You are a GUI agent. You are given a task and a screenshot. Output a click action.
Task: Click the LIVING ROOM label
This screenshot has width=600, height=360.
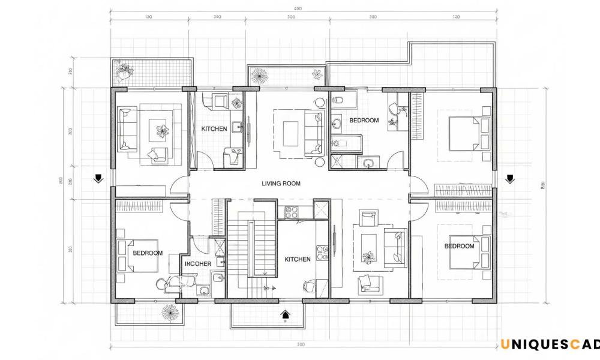tap(281, 184)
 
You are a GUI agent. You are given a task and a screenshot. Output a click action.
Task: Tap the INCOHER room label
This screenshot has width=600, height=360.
tap(197, 263)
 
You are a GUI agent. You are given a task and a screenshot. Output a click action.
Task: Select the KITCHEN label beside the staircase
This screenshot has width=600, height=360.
tap(298, 259)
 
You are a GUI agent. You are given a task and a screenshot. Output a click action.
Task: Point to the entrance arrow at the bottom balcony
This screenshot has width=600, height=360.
tap(286, 313)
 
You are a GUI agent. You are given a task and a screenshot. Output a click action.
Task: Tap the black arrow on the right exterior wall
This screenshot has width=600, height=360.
tap(510, 178)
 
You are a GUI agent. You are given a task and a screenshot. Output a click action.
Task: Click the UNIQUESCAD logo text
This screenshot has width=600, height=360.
tap(550, 344)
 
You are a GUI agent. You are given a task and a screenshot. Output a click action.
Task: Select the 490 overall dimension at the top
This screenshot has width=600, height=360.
tap(298, 8)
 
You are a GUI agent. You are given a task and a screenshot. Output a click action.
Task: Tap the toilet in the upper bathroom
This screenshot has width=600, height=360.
tap(337, 100)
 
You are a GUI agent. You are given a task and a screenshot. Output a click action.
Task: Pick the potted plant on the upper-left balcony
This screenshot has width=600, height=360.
tap(125, 71)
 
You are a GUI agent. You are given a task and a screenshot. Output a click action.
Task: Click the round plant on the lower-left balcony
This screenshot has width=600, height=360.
tap(169, 312)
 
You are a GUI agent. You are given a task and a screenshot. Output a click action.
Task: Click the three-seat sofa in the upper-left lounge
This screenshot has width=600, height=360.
tap(126, 129)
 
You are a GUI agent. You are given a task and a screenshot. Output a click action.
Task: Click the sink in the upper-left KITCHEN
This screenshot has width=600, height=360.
tap(238, 127)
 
